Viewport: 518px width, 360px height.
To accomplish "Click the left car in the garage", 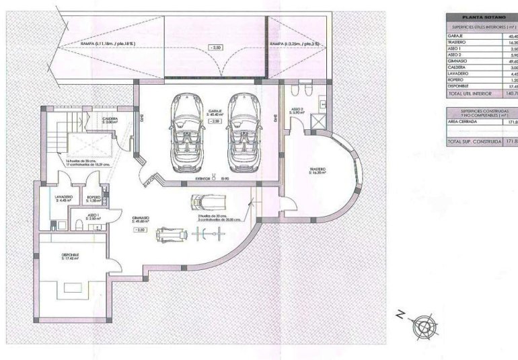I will tap(185, 131).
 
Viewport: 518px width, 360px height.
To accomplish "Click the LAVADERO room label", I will tap(65, 199).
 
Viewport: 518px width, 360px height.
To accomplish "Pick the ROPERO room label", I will tap(94, 199).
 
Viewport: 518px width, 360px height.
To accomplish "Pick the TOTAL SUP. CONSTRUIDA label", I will tap(474, 142).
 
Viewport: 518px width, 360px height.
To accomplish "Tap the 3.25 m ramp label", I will tap(294, 44).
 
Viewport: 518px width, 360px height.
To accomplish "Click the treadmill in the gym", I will tap(206, 202).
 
